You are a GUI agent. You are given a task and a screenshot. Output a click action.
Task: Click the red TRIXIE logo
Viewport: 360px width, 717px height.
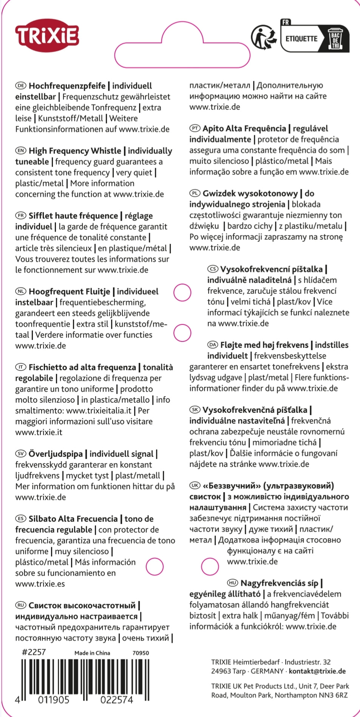pyautogui.click(x=47, y=36)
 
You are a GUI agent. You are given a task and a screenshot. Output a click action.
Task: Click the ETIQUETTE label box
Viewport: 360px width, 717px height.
pyautogui.click(x=301, y=39)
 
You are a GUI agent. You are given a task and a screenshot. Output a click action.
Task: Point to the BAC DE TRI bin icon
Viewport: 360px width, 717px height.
pyautogui.click(x=335, y=39)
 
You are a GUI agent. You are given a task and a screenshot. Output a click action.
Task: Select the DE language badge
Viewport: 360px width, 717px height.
pyautogui.click(x=20, y=86)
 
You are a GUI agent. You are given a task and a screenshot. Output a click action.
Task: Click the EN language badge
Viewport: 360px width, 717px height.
pyautogui.click(x=20, y=151)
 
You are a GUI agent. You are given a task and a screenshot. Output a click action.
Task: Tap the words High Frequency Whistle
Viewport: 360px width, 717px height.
pyautogui.click(x=75, y=151)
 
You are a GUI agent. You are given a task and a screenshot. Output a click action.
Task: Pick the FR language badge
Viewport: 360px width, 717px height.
pyautogui.click(x=20, y=216)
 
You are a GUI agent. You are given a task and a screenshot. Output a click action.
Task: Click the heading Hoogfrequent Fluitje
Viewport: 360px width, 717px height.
pyautogui.click(x=69, y=292)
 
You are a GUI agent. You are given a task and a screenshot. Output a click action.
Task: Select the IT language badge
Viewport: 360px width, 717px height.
pyautogui.click(x=20, y=367)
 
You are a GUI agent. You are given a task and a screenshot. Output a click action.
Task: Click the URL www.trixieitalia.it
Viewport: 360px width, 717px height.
pyautogui.click(x=99, y=411)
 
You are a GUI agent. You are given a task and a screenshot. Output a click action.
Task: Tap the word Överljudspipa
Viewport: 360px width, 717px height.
pyautogui.click(x=56, y=454)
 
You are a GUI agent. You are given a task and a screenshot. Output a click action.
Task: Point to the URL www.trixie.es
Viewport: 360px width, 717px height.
pyautogui.click(x=40, y=584)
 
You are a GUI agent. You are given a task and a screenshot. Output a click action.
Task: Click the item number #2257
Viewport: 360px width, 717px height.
pyautogui.click(x=34, y=652)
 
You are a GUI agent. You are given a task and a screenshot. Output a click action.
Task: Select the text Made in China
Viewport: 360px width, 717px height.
pyautogui.click(x=92, y=653)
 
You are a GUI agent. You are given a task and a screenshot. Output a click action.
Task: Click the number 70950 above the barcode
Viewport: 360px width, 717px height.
pyautogui.click(x=141, y=653)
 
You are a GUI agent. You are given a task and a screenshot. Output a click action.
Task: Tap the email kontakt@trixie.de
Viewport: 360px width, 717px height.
pyautogui.click(x=317, y=671)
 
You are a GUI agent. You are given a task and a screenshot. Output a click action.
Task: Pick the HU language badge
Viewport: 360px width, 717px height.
pyautogui.click(x=232, y=583)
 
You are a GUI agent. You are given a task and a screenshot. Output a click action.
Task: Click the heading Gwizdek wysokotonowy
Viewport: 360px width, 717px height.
pyautogui.click(x=250, y=193)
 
